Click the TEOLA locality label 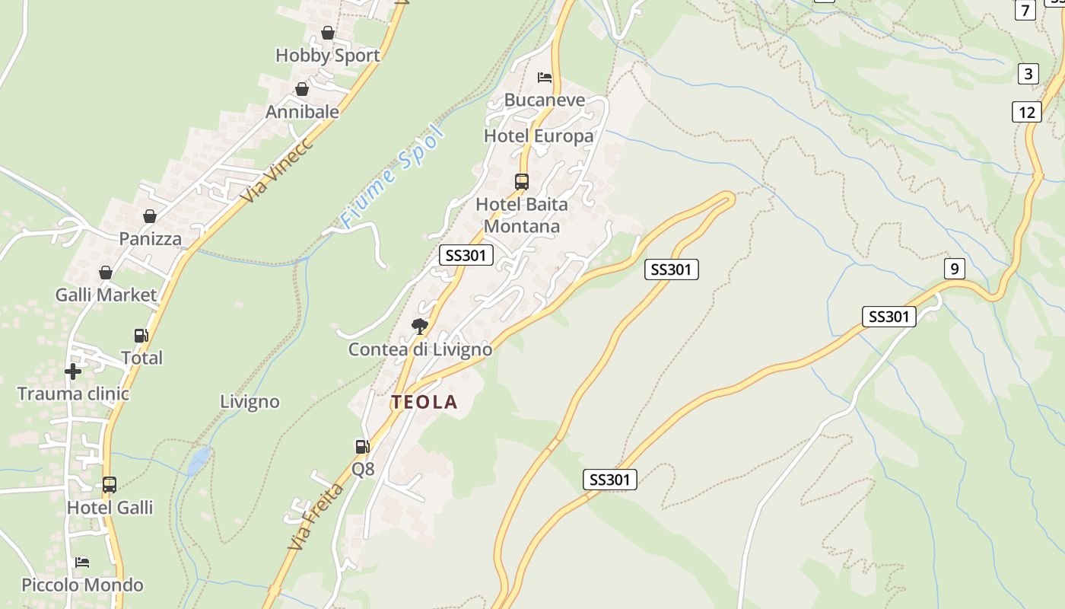[x=424, y=403]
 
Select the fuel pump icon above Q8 [x=363, y=447]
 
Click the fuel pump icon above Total [x=141, y=335]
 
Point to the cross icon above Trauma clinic [x=73, y=371]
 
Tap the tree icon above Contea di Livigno [x=419, y=327]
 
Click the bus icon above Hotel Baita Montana [x=522, y=182]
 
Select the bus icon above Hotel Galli [x=110, y=485]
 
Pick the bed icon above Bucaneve [x=545, y=78]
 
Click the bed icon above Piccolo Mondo [x=82, y=563]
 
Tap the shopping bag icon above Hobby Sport [x=328, y=33]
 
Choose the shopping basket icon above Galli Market [x=106, y=273]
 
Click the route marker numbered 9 [x=954, y=268]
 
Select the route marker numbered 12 [x=1027, y=112]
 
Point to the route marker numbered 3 [x=1028, y=74]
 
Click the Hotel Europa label [x=539, y=136]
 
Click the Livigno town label [x=250, y=401]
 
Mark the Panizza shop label [x=151, y=239]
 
